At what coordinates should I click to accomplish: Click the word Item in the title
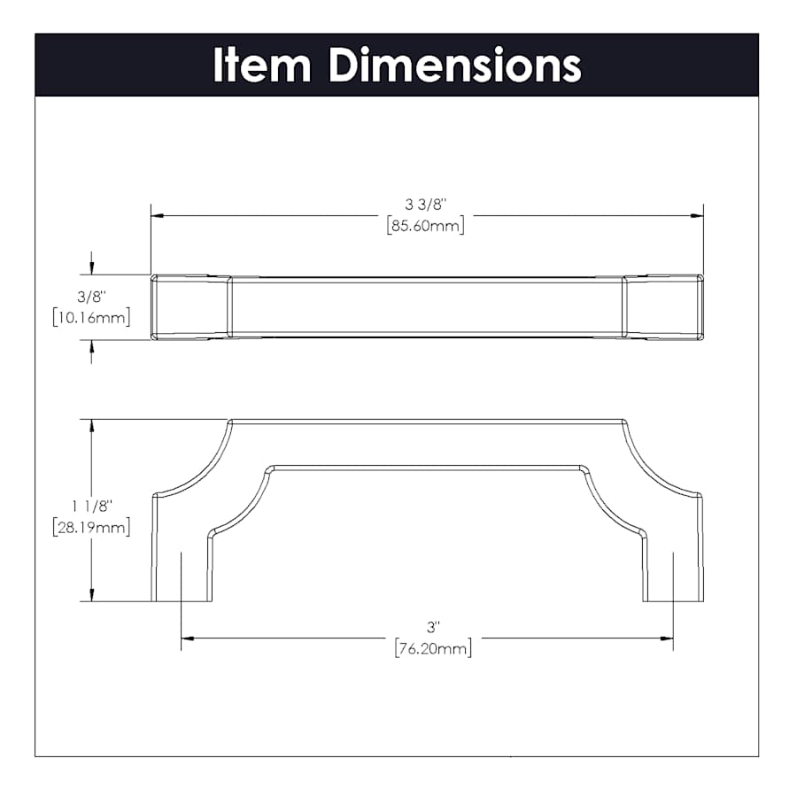pos(262,65)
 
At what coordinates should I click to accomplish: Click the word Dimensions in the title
pos(455,65)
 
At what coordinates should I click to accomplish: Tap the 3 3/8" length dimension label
pos(425,205)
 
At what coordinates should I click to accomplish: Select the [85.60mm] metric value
pos(425,225)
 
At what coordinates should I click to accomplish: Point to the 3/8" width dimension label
pos(91,297)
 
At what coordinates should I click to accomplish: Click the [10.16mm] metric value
pos(91,318)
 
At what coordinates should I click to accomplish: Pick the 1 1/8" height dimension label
pos(91,507)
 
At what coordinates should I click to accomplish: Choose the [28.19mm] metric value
pos(91,528)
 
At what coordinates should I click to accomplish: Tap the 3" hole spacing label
pos(433,627)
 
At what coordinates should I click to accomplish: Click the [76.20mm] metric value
pos(433,648)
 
